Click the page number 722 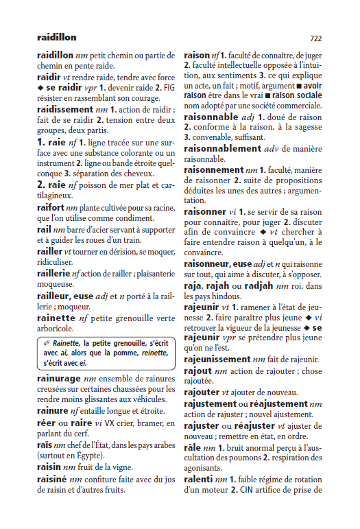(x=316, y=38)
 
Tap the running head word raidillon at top (x=57, y=37)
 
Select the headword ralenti (x=199, y=478)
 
